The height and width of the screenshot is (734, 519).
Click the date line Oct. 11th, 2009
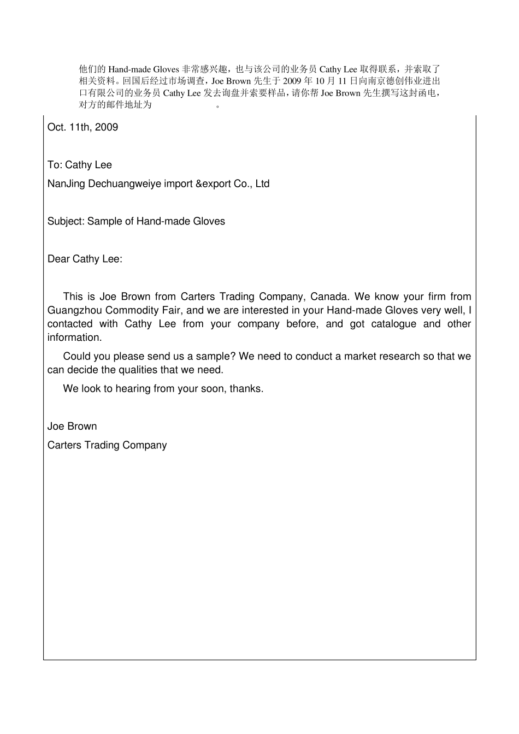82,127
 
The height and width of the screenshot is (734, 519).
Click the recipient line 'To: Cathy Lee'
80,165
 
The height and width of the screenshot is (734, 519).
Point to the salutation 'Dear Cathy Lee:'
85,259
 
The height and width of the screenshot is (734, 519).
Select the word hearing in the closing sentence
132,389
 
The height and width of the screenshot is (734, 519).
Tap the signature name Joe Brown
72,427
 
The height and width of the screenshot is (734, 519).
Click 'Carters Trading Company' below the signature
107,446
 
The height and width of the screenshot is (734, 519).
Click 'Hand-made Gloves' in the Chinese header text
144,69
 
